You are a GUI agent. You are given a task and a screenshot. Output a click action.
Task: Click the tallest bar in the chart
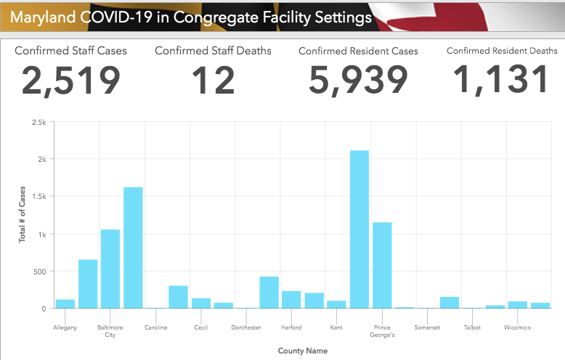coord(359,229)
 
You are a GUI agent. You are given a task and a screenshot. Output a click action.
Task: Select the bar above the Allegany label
coord(65,304)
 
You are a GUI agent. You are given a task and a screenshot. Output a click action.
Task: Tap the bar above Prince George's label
coord(382,266)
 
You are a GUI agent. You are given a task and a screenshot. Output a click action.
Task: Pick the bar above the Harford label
coord(291,300)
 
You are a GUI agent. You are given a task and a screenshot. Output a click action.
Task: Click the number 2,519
coord(70,80)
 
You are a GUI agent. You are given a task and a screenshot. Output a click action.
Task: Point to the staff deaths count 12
coord(213,80)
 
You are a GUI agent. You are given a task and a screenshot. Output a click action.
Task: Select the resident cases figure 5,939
coord(358,80)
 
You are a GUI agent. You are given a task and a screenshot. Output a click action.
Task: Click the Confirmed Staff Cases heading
coord(70,51)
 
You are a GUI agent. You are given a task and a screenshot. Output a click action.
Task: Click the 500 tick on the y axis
coord(39,271)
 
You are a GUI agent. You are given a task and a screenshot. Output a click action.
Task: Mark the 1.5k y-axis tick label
coord(38,197)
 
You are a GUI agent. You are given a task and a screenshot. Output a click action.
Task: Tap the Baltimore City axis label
coord(110,331)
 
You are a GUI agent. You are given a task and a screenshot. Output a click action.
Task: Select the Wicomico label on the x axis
coord(517,328)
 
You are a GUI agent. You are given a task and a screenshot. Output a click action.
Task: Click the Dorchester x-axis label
coord(246,328)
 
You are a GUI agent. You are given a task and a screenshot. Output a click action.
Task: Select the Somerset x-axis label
coord(427,328)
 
